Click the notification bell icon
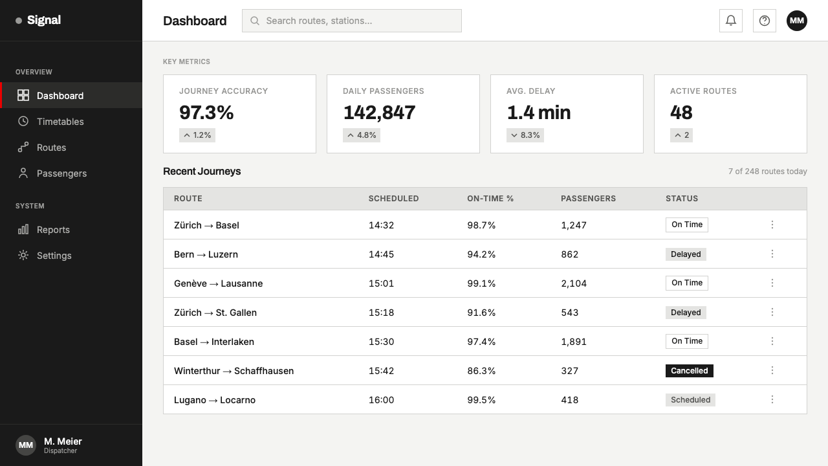730,21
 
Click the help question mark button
764,21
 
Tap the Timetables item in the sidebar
60,121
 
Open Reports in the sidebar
53,230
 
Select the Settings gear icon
23,255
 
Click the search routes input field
351,21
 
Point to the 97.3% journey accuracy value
206,113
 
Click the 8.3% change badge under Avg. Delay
525,135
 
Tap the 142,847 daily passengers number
379,113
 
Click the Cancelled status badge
690,371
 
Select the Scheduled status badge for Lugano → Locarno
690,400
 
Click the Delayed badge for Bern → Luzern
686,254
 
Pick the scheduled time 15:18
381,313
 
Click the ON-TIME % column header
490,199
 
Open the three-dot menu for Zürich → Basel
772,225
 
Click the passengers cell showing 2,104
574,283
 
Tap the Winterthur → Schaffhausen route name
234,371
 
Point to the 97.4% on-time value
481,342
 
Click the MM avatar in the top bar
796,21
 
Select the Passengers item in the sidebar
61,173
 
